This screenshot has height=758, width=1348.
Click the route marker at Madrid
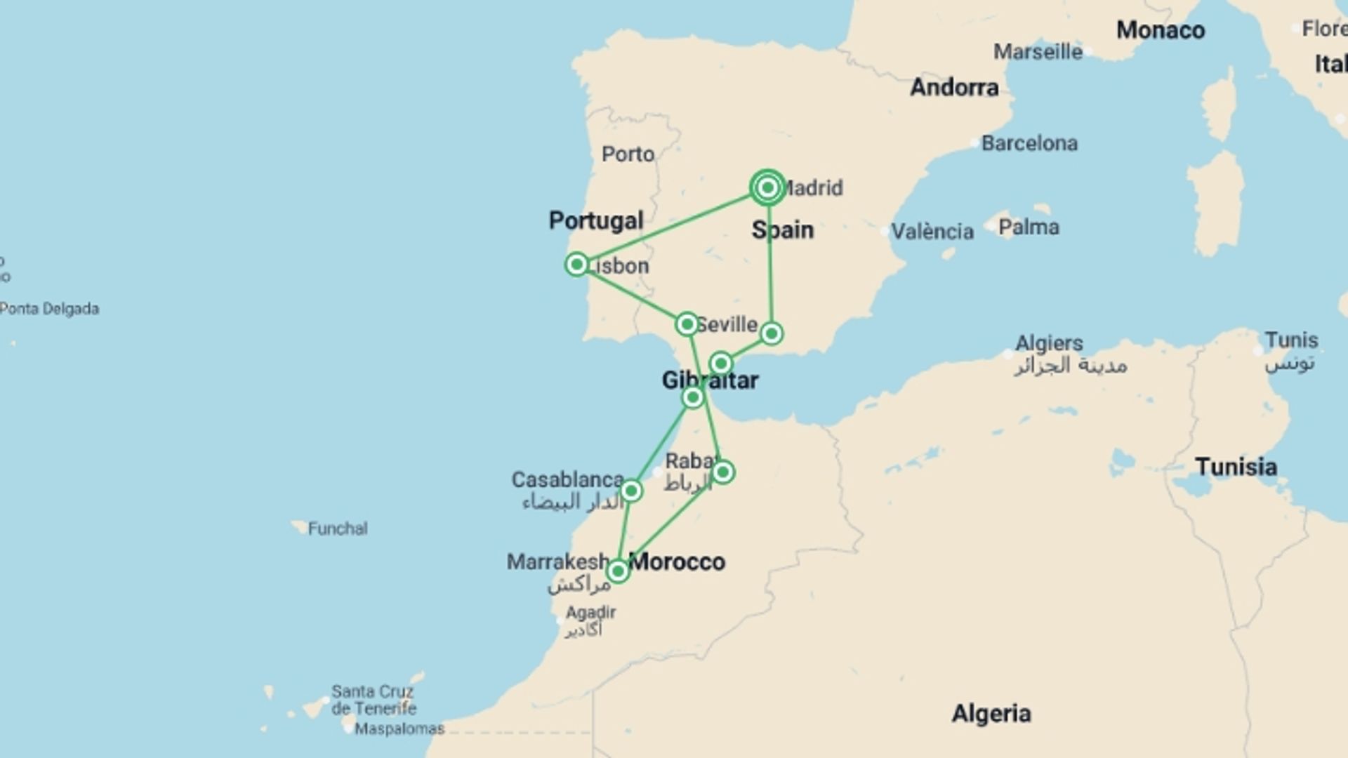[767, 187]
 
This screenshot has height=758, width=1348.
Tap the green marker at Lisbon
[576, 265]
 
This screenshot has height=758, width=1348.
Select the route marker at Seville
[687, 324]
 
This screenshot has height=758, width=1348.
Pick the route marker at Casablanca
[631, 491]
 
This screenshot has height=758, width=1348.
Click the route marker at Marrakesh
[618, 571]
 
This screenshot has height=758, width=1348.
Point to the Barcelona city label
[1029, 143]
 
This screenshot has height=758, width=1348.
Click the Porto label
[628, 154]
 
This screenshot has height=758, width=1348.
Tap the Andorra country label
[954, 87]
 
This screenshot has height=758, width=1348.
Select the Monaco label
[1160, 30]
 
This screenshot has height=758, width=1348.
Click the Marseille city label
[1038, 52]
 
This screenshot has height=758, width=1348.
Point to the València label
[932, 231]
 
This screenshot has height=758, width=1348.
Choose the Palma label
[1029, 227]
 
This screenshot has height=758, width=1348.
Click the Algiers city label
[1049, 343]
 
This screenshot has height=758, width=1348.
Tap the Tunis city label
[1291, 340]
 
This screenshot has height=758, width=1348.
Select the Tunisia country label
[1236, 467]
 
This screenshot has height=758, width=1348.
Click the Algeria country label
[991, 714]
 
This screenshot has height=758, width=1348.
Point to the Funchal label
[337, 528]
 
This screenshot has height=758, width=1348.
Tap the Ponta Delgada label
[49, 309]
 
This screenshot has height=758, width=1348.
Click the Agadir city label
[590, 613]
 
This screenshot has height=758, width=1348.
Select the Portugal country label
[595, 220]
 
